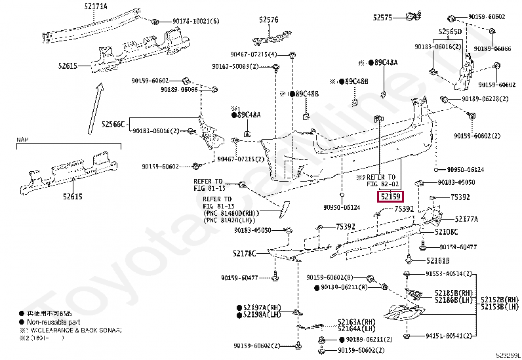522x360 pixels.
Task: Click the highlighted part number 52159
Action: [x=390, y=196]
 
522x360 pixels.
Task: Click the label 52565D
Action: [x=450, y=31]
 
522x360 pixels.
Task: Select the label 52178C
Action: [x=246, y=253]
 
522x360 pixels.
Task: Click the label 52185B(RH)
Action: [x=453, y=292]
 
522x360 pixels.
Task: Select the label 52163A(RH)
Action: [x=357, y=321]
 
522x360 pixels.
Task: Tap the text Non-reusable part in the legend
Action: [x=56, y=323]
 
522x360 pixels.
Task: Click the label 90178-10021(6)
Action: [x=192, y=21]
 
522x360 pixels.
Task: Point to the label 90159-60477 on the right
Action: [x=458, y=247]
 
